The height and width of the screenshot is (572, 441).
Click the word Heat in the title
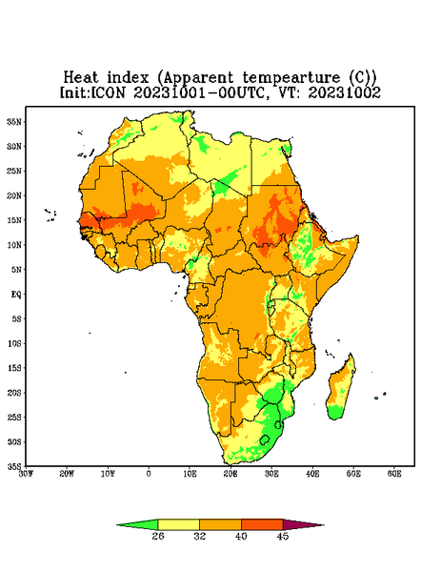(81, 78)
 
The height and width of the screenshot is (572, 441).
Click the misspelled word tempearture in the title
(291, 78)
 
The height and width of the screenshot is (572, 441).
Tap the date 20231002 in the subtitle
(345, 92)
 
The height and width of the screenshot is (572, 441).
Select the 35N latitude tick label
(14, 121)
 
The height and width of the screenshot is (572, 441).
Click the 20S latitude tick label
(14, 393)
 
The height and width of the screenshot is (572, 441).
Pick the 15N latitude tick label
(14, 220)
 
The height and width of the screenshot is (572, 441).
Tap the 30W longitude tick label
(26, 474)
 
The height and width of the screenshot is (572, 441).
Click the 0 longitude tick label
(149, 474)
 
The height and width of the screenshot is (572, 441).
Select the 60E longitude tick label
(394, 474)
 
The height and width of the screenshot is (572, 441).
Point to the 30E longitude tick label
(271, 474)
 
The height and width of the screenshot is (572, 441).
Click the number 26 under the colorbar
(158, 536)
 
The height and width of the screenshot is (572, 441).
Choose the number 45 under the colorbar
(283, 536)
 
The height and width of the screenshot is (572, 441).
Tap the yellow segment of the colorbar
(178, 524)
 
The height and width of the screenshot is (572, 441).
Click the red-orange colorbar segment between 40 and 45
(262, 524)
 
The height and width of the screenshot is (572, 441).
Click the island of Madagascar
(341, 389)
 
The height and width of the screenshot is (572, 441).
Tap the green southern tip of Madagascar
(335, 413)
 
